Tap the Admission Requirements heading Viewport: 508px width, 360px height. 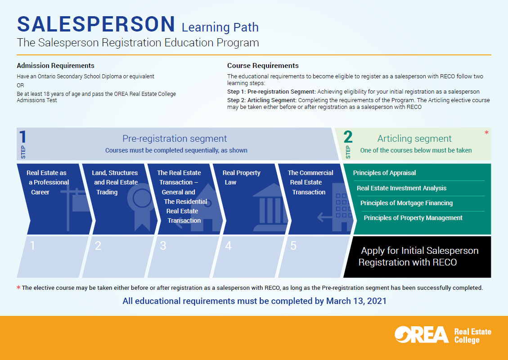(x=55, y=66)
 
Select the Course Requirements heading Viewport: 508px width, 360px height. (x=263, y=66)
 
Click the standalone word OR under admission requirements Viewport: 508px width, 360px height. (x=21, y=85)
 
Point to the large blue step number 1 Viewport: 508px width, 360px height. (x=22, y=137)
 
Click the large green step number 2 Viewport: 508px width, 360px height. (x=348, y=137)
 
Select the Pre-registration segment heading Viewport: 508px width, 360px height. (x=175, y=139)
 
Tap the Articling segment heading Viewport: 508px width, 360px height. (x=414, y=139)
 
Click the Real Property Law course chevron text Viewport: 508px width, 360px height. (x=242, y=177)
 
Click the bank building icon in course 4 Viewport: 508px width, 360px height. (x=265, y=207)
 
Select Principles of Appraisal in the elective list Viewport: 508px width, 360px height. (x=384, y=173)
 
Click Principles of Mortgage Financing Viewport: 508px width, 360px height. (x=406, y=203)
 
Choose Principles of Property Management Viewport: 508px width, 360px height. (x=413, y=218)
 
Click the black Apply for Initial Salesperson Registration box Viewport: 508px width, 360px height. (x=419, y=256)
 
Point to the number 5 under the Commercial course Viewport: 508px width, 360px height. (x=293, y=246)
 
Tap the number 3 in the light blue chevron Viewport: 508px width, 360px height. (x=163, y=246)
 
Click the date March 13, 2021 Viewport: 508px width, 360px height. (x=356, y=301)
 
